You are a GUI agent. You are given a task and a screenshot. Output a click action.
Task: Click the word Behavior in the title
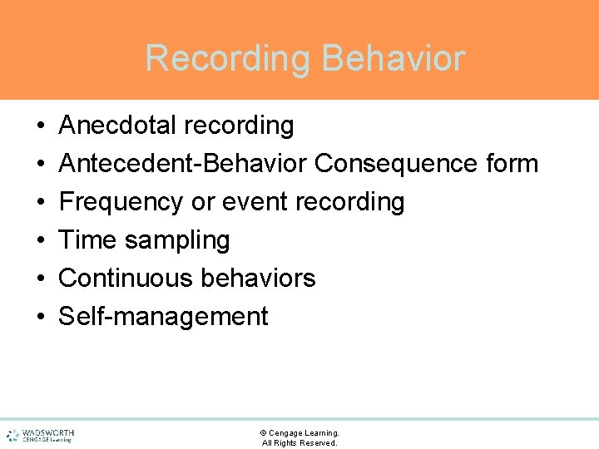pos(394,58)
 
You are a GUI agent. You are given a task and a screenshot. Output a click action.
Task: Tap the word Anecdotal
pos(117,126)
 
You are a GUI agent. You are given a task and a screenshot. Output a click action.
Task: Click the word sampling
pos(177,241)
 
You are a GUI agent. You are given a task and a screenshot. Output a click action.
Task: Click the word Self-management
pos(164,317)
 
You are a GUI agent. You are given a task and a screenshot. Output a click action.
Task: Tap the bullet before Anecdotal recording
pos(41,126)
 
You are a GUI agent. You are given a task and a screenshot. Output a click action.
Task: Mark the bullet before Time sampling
pos(41,241)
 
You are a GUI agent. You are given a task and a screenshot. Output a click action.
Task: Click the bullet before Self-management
pos(41,318)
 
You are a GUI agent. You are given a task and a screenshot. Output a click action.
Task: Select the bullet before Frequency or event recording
pos(41,203)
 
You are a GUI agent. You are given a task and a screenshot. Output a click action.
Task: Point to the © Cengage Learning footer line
pos(299,433)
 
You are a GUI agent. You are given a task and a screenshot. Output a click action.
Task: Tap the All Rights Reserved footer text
pos(299,443)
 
